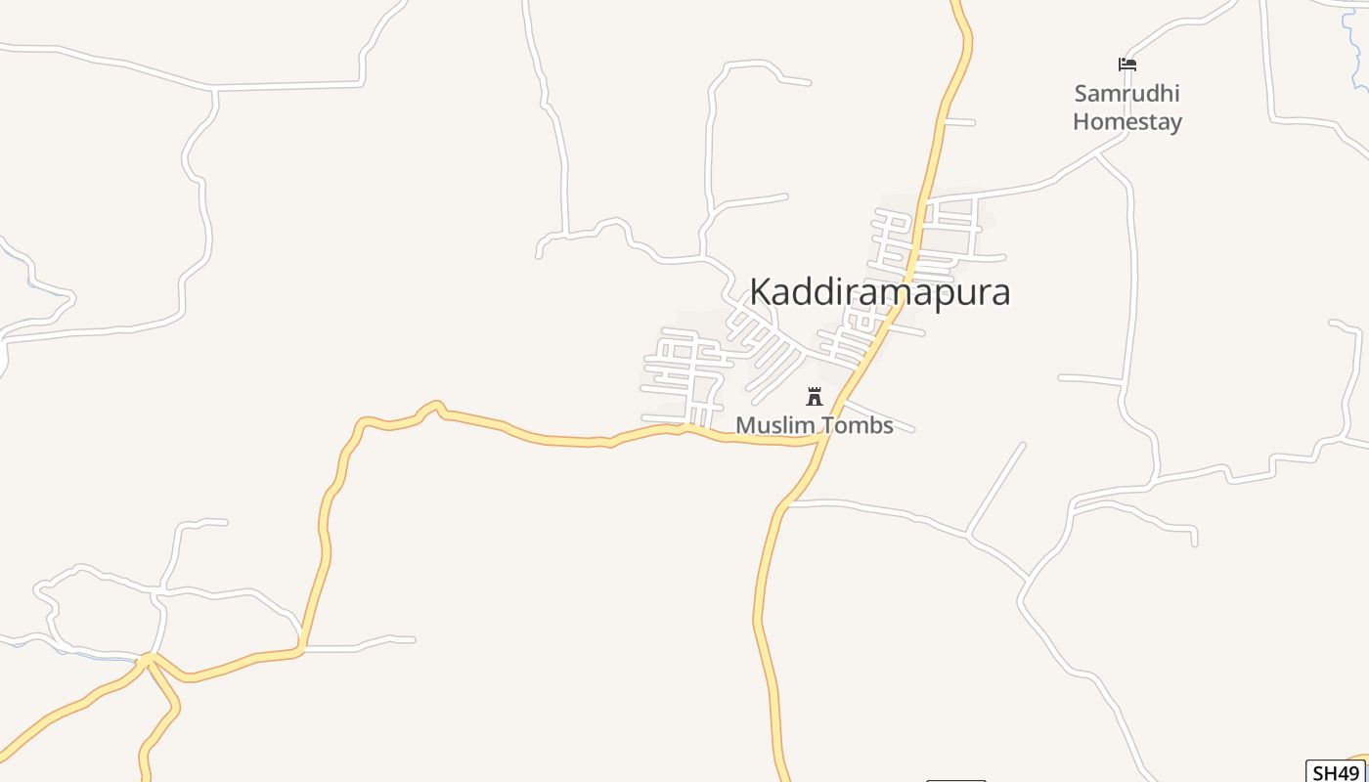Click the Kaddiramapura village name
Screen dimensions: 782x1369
pos(879,292)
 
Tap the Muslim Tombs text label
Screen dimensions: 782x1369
pos(814,425)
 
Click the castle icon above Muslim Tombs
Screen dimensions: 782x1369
pos(814,396)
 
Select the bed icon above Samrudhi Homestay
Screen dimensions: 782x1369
pos(1127,65)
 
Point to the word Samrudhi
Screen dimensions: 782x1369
pos(1126,94)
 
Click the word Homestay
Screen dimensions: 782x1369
pos(1126,122)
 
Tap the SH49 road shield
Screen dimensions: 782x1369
pos(1336,772)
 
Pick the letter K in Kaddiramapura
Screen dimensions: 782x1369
pos(761,292)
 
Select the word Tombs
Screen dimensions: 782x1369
pos(858,425)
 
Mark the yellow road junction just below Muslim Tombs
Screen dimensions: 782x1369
pos(819,441)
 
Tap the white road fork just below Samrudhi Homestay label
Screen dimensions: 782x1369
pos(1097,154)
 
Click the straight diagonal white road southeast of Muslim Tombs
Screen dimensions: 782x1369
pos(995,489)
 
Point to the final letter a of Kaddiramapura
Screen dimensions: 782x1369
pos(999,293)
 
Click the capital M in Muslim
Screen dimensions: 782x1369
pos(744,425)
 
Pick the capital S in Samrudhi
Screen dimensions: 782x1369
pos(1081,94)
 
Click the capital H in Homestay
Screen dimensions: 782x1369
pos(1081,122)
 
